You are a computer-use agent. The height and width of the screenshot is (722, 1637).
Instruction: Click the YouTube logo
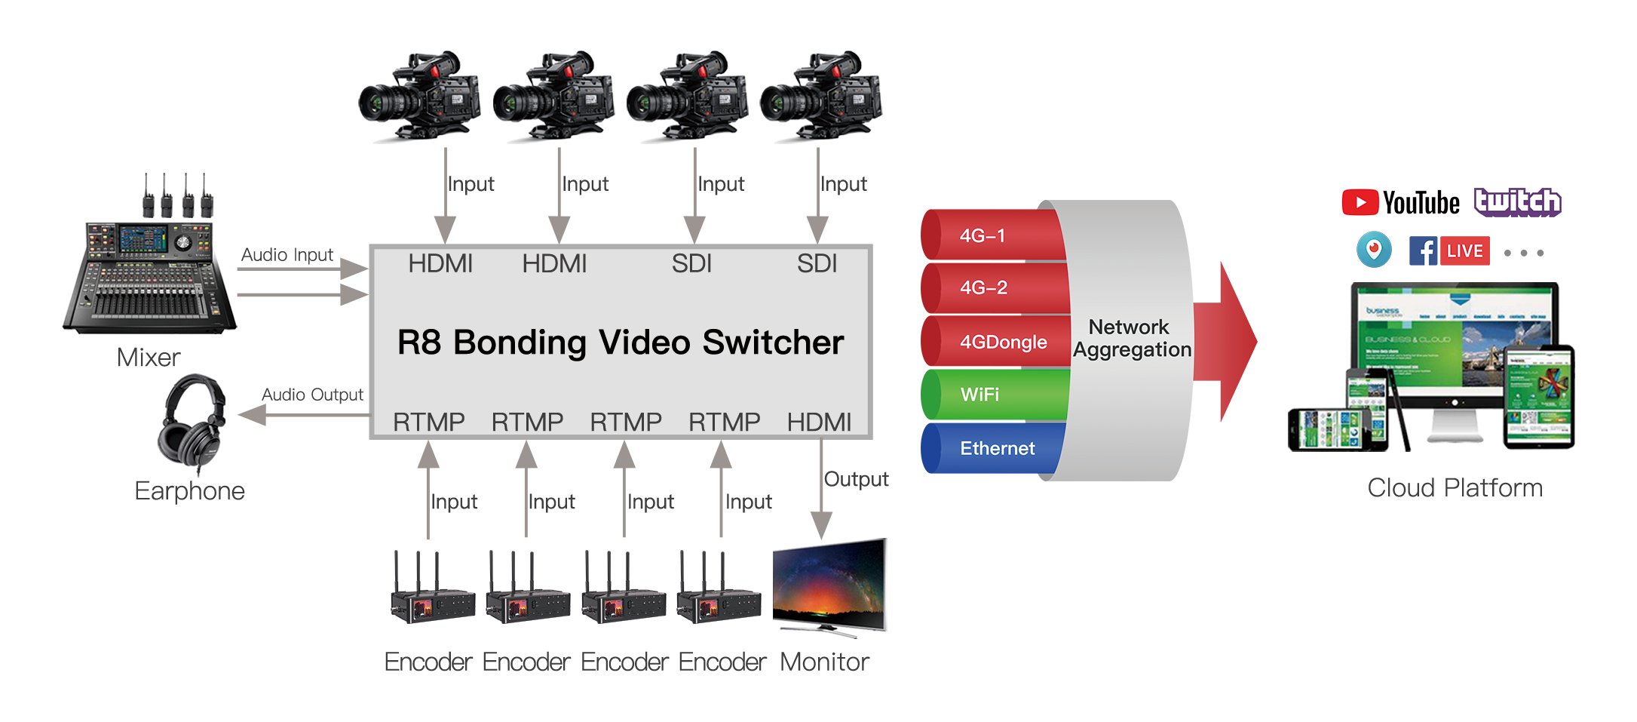(x=1400, y=203)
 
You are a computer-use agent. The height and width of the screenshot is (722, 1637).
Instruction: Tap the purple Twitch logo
(x=1517, y=202)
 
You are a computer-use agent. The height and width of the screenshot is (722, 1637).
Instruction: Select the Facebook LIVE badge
(x=1449, y=251)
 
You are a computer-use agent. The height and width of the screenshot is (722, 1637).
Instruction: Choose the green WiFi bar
(x=992, y=395)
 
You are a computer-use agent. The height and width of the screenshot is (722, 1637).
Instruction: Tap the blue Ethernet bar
(x=992, y=448)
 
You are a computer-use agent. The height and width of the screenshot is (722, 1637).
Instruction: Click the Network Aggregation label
(x=1131, y=338)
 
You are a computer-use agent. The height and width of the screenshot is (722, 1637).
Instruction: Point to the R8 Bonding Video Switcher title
(x=620, y=343)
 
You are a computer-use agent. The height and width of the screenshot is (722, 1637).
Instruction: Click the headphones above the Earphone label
(x=192, y=423)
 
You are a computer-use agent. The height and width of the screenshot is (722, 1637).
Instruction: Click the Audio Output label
(x=312, y=395)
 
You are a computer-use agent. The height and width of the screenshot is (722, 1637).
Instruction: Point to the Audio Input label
(x=287, y=255)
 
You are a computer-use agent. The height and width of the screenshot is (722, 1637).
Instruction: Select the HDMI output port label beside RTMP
(x=819, y=422)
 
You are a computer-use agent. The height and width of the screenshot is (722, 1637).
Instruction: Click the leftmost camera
(x=418, y=97)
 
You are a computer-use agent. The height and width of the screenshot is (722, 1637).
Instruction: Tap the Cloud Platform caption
(x=1455, y=488)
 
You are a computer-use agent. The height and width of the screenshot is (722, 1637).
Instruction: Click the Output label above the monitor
(x=856, y=479)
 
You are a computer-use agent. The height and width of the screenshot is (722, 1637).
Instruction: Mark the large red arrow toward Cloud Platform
(x=1229, y=341)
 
